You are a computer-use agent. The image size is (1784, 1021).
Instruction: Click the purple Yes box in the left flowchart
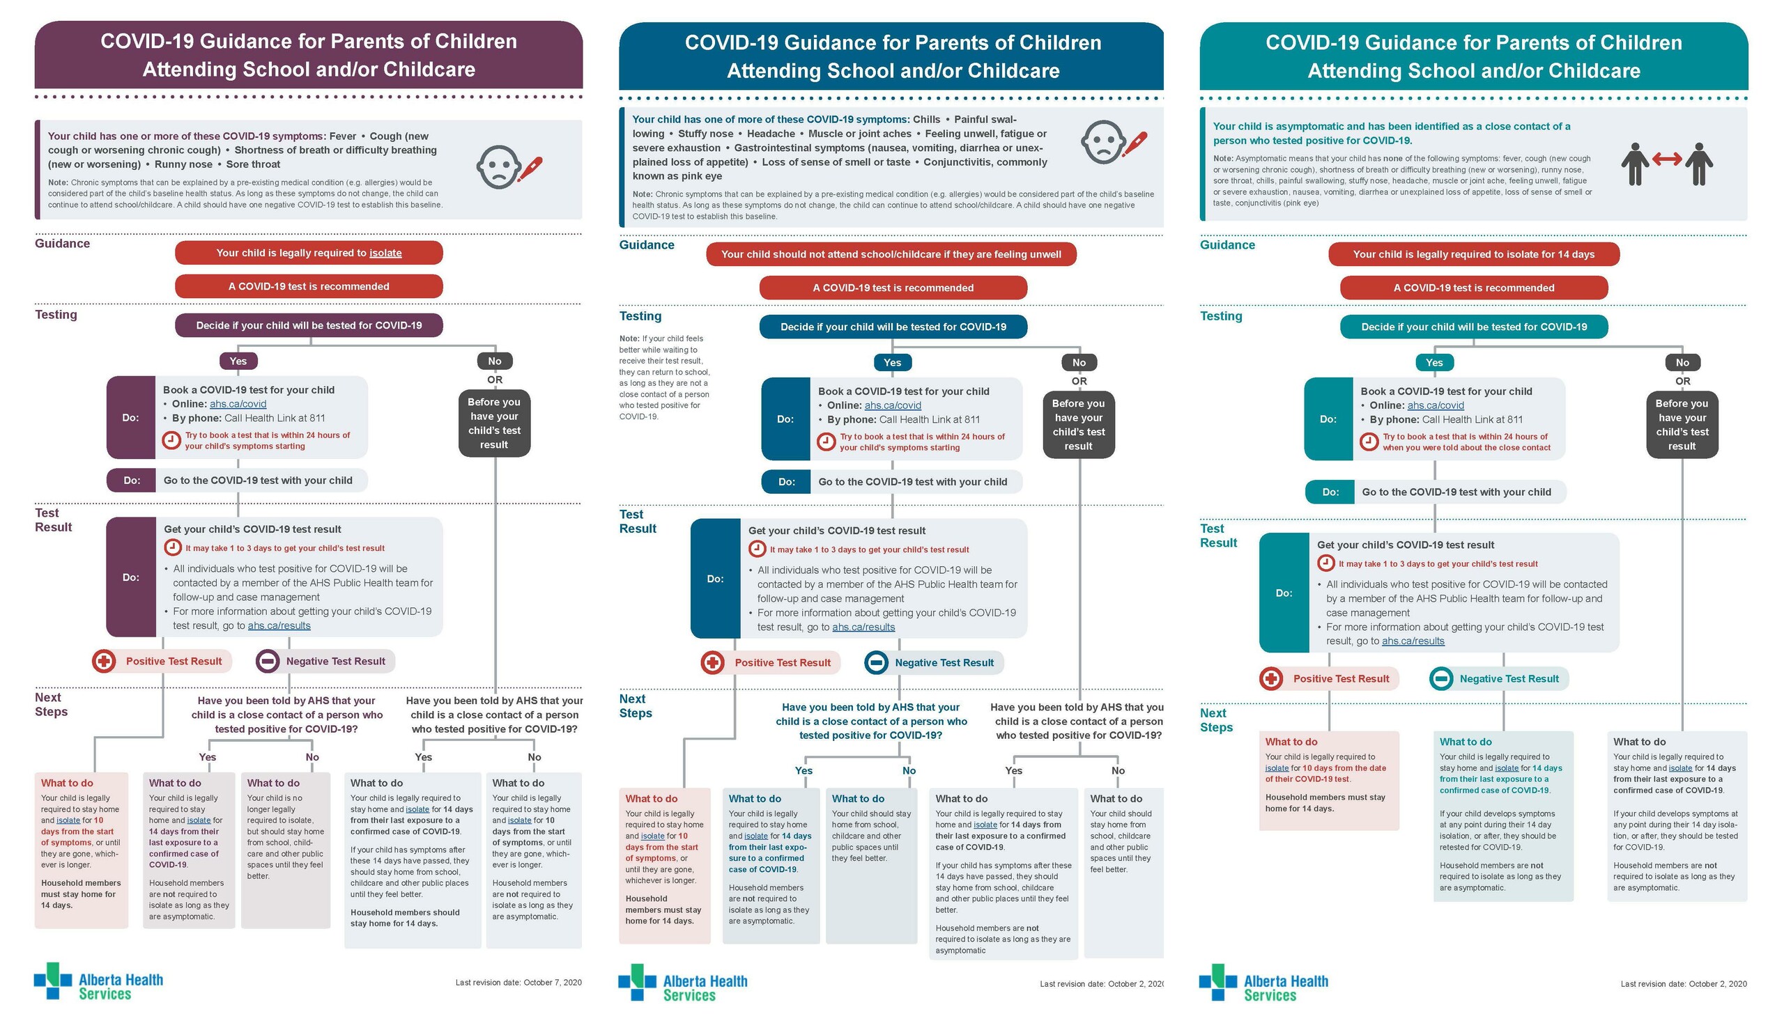238,361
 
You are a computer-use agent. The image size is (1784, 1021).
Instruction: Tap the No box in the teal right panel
1682,363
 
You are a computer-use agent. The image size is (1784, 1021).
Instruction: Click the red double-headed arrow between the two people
1667,159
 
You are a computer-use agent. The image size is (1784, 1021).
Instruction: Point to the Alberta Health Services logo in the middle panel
683,982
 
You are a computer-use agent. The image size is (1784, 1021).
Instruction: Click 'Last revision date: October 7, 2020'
518,983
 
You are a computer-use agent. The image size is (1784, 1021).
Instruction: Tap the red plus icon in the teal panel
1271,678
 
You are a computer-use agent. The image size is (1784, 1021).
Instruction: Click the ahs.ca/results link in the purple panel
279,625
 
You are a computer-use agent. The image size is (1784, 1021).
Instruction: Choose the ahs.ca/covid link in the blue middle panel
893,405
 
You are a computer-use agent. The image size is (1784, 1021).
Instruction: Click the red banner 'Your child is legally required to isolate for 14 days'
1474,254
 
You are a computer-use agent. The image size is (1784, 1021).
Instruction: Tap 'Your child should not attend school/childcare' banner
891,254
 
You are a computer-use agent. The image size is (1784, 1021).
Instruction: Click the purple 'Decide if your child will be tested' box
309,325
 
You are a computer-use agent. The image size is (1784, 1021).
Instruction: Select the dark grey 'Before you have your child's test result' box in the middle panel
1079,425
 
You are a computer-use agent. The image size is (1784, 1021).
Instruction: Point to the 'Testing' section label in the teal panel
1222,316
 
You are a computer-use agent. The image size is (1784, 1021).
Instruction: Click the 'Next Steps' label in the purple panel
51,705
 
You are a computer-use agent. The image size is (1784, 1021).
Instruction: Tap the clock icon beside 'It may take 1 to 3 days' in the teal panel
1325,563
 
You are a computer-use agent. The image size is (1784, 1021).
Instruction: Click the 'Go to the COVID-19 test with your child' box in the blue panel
891,482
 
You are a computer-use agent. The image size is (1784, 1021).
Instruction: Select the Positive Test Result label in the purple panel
174,661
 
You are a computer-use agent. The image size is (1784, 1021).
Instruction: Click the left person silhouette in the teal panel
1635,164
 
